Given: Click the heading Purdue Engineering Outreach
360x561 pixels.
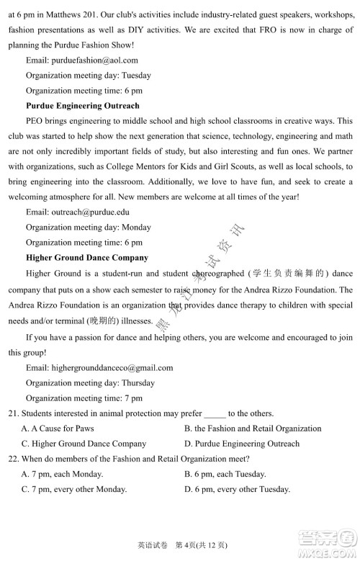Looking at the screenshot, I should point(83,106).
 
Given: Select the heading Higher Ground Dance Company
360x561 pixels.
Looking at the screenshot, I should point(87,257).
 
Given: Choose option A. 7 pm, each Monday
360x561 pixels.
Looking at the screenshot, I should point(62,474).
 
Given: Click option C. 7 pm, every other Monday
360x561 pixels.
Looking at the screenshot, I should point(74,489).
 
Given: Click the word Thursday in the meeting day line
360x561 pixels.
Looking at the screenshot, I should point(138,382).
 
